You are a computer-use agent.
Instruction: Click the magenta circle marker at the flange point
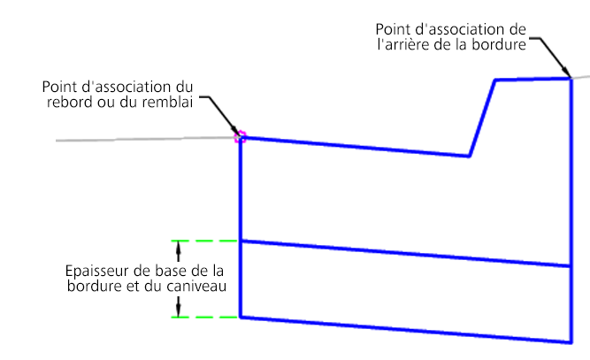click(x=239, y=137)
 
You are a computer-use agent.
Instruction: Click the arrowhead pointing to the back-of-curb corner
click(x=567, y=73)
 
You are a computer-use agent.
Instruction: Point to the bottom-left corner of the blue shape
click(x=241, y=317)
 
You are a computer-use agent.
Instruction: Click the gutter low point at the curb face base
click(x=469, y=157)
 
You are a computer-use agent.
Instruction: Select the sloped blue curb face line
click(x=482, y=118)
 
